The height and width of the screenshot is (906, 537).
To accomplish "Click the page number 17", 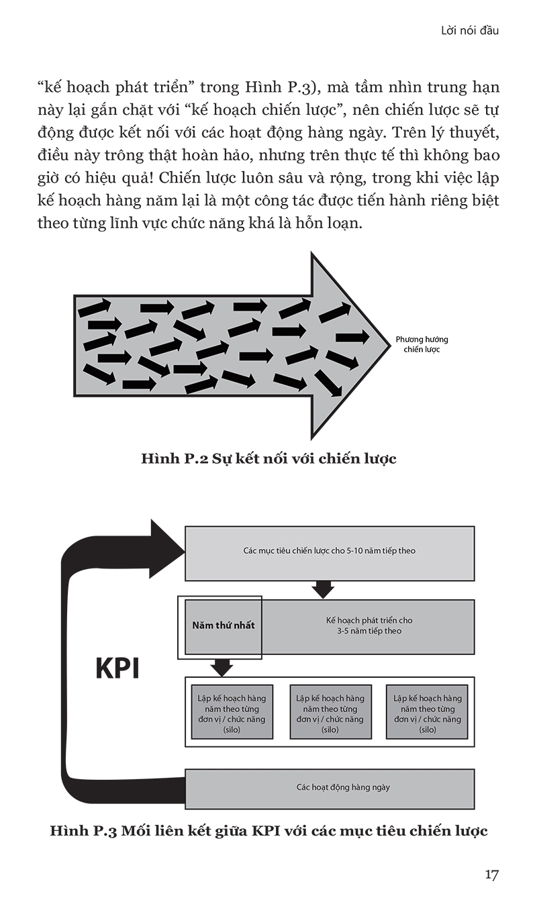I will click(x=492, y=874).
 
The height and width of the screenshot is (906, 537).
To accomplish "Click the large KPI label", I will click(x=117, y=669).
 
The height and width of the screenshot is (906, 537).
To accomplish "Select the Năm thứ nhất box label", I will click(x=223, y=625).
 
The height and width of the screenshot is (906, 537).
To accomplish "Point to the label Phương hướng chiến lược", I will click(x=422, y=345).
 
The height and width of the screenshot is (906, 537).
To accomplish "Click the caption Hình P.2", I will click(x=268, y=459).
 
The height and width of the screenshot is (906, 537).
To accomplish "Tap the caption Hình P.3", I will click(x=268, y=831).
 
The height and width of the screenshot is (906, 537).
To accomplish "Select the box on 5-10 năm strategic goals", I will click(x=329, y=551).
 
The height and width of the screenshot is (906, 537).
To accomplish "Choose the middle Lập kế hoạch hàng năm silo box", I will click(x=330, y=713).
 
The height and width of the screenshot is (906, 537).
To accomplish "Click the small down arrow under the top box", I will click(x=324, y=589).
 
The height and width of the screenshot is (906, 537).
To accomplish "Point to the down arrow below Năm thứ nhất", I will click(x=222, y=668).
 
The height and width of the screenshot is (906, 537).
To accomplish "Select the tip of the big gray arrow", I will click(x=386, y=345).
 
